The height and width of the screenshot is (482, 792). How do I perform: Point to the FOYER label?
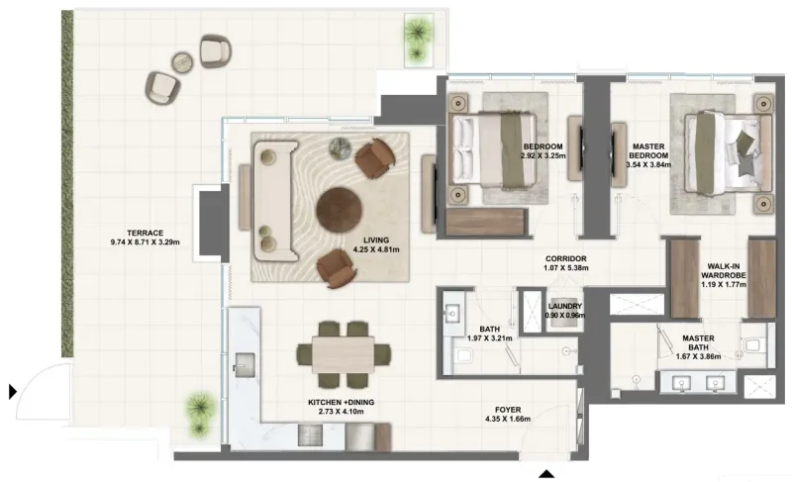click(508, 409)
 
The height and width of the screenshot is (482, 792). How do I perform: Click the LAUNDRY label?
click(564, 307)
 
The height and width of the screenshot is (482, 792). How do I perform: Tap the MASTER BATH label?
click(699, 339)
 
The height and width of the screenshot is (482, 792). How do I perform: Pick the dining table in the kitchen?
click(343, 353)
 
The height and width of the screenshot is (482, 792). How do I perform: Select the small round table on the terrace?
click(183, 62)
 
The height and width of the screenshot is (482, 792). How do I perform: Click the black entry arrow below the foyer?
click(546, 472)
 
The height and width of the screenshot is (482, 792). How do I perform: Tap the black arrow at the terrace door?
click(13, 391)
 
